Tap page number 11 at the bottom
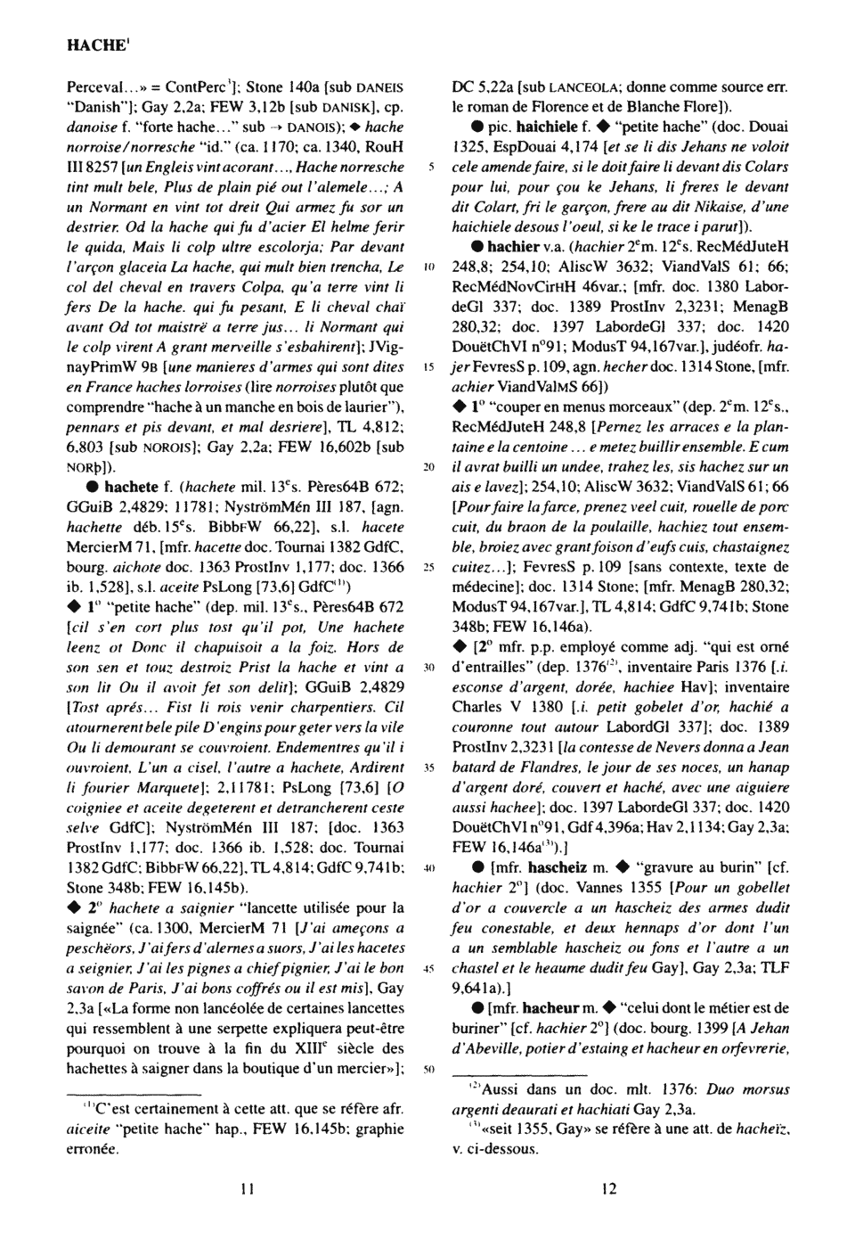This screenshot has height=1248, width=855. tap(248, 1187)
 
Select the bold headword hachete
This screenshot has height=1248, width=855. tap(131, 488)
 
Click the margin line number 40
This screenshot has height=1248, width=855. tap(428, 867)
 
